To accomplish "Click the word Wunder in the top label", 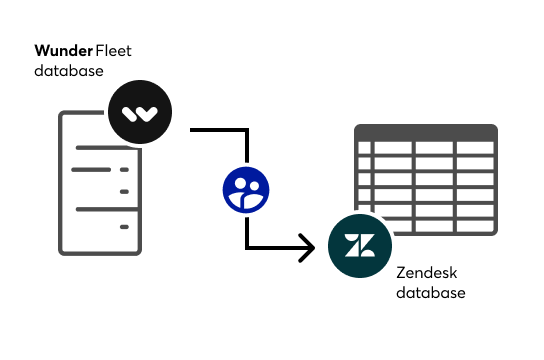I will click(64, 50).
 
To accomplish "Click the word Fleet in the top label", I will click(118, 50).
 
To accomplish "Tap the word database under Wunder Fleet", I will click(68, 71).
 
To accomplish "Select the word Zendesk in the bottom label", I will click(424, 273).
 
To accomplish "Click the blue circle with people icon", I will click(247, 190).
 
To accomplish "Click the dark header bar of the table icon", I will click(427, 132).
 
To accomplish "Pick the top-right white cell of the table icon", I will click(475, 149).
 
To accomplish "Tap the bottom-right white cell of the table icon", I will click(475, 225).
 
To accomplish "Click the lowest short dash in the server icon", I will click(125, 228).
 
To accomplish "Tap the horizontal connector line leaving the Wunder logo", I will click(215, 130).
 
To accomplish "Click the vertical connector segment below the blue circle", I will click(246, 230).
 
